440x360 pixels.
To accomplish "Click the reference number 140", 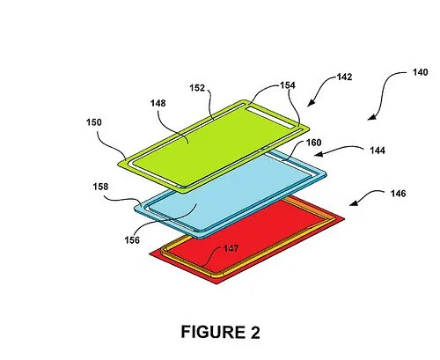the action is pos(420,72).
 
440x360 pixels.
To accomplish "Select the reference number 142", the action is pos(344,77).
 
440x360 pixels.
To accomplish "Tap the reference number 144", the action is pos(378,151).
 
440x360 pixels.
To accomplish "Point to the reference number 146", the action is pos(398,194).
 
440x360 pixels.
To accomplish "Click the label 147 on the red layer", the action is pos(231,248).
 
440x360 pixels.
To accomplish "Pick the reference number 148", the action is pos(158,103).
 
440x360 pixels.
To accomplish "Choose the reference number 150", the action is pos(94,122).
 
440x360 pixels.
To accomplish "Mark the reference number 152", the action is pos(197,88).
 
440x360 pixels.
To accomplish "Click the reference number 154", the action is pos(288,85).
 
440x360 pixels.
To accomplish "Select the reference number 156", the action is pos(132,240).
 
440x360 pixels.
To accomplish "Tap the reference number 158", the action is pos(100,187).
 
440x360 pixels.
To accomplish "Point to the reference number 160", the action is pos(314,143).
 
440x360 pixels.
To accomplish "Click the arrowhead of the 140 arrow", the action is pos(371,117).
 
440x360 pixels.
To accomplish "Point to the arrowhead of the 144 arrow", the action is pos(319,154).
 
